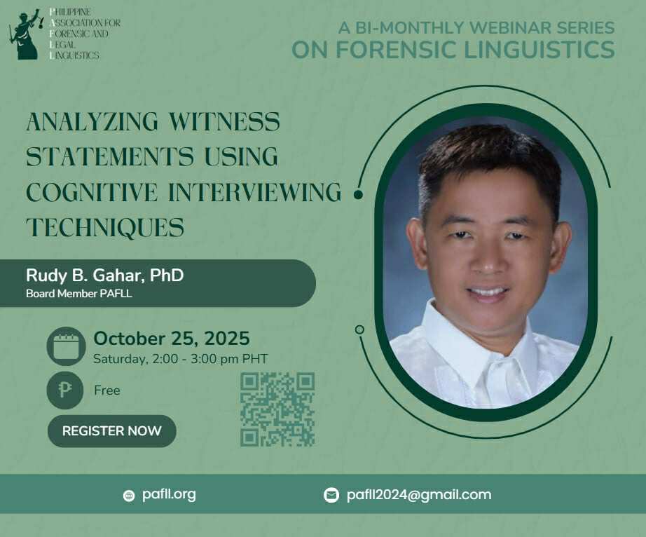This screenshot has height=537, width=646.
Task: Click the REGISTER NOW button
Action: coord(111,430)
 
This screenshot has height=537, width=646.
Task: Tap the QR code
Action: coord(277,409)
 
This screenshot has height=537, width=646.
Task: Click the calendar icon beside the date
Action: coord(66,346)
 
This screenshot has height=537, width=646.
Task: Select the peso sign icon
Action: coord(65,390)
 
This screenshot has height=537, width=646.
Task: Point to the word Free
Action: coord(107,390)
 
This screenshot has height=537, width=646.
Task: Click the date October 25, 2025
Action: coord(172,339)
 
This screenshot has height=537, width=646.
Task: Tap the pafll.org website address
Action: coord(169,494)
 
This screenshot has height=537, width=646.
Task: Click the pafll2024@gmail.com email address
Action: coord(419,494)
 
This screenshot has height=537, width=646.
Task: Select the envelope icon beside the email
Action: coord(331,495)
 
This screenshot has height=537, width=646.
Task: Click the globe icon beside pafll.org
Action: coord(129,496)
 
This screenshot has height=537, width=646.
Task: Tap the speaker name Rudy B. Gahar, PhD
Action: coord(104,276)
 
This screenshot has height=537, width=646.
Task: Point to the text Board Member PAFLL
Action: coord(79,294)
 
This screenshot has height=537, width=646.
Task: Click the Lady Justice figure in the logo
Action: coord(27,34)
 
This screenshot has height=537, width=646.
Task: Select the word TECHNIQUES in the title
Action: coord(105,228)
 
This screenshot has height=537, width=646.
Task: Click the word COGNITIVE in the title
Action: coord(92,192)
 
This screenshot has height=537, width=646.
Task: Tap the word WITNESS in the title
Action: coord(224,121)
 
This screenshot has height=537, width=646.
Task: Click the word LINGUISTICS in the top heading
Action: coord(540,50)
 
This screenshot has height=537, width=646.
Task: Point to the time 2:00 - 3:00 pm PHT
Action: coord(210,359)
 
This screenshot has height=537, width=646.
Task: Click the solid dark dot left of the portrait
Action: coord(359,194)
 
